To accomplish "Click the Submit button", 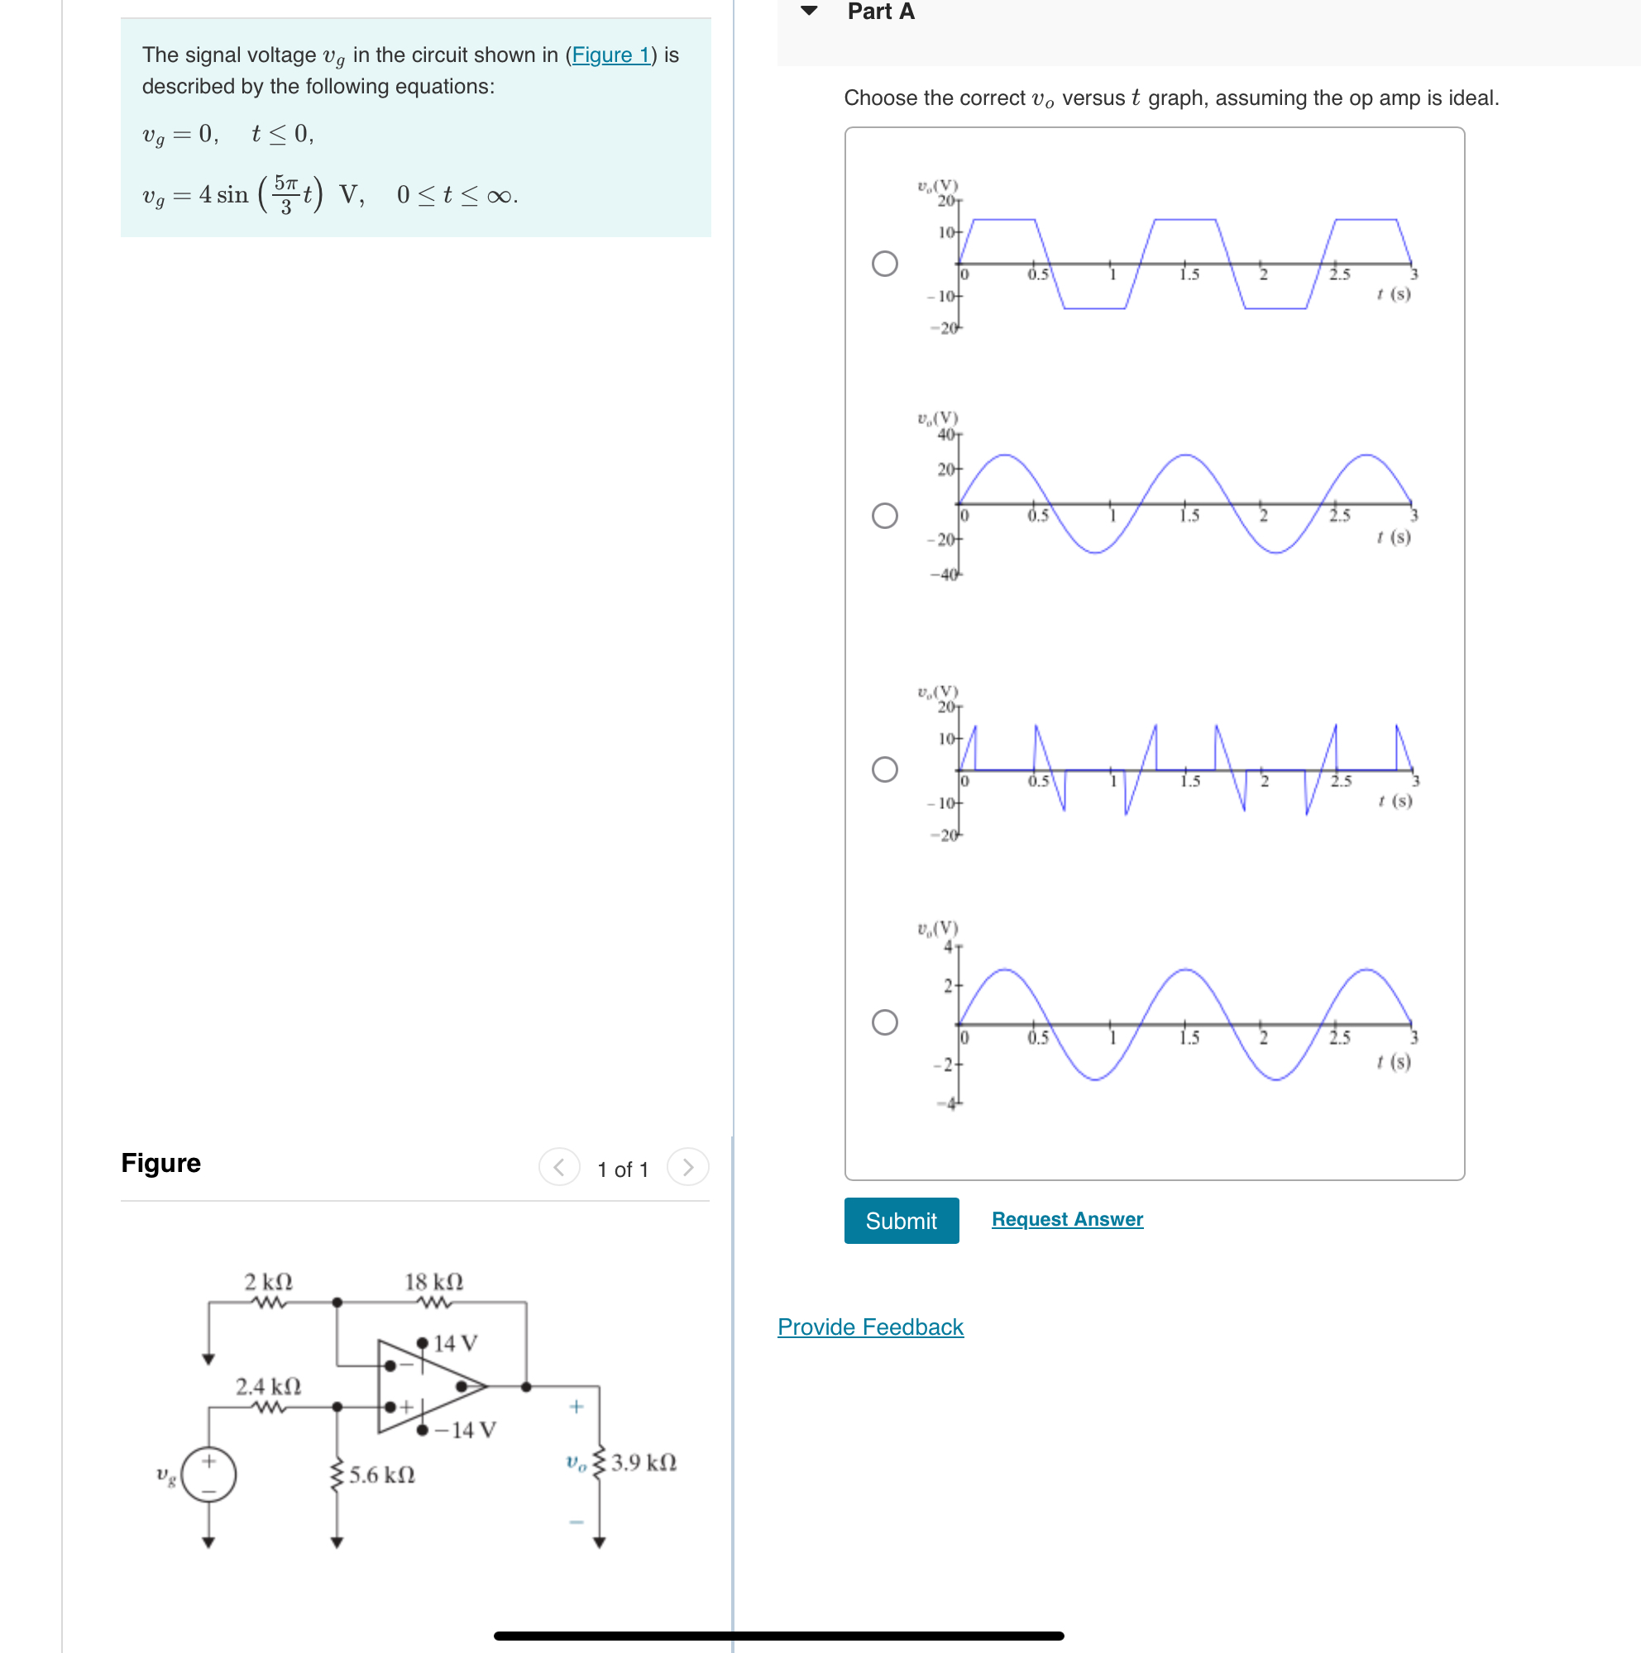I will coord(901,1220).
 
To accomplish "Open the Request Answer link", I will coord(1067,1218).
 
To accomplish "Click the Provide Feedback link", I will coord(870,1327).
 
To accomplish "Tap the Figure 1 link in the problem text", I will coord(610,55).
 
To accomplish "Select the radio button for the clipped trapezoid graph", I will coord(884,264).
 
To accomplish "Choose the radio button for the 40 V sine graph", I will coord(884,515).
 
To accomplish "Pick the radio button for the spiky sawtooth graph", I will coord(884,769).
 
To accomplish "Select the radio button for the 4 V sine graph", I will coord(884,1022).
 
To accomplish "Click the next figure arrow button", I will coord(687,1167).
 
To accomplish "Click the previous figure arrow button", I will coord(559,1167).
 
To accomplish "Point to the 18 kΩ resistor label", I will coord(433,1281).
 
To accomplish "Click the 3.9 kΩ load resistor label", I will coord(643,1462).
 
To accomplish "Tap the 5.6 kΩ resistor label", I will coord(382,1475).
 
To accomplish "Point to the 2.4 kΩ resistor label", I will coord(268,1386).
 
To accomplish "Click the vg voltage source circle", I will coord(208,1475).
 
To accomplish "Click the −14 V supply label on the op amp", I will coord(465,1430).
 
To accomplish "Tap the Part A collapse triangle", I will coord(808,11).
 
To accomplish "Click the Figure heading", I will coord(161,1163).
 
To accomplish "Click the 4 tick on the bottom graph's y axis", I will coord(948,946).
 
